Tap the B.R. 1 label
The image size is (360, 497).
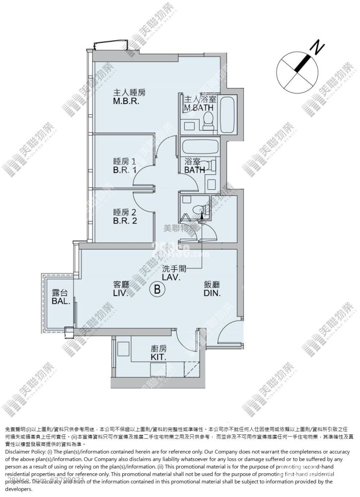click(x=124, y=166)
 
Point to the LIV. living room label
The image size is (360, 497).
click(x=121, y=289)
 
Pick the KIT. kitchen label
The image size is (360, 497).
click(x=158, y=353)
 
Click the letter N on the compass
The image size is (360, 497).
click(x=317, y=48)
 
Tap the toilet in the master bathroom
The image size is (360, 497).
click(x=208, y=118)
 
